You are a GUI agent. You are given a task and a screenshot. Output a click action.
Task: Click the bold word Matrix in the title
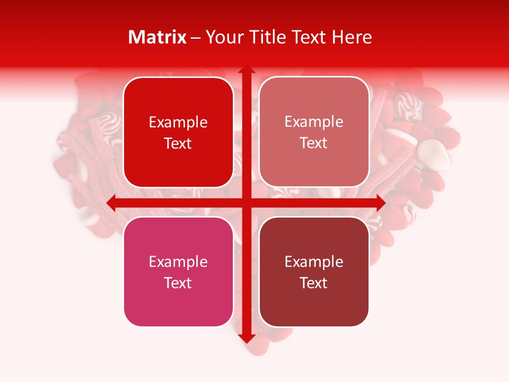(x=157, y=37)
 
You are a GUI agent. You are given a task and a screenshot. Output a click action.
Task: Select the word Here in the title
(x=352, y=37)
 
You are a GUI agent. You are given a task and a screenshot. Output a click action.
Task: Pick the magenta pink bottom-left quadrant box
(x=178, y=302)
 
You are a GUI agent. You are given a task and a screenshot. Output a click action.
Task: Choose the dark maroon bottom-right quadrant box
(x=314, y=302)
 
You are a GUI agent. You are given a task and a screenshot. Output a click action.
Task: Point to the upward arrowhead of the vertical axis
(x=246, y=71)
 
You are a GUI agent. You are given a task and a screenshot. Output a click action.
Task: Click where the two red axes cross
(x=246, y=203)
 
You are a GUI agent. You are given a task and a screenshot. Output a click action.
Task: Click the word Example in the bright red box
(x=178, y=123)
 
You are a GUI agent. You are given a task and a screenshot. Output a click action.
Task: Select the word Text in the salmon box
(x=314, y=143)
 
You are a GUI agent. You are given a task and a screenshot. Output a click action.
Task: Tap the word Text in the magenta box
(x=178, y=283)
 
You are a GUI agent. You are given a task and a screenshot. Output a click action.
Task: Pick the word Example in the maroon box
(x=314, y=262)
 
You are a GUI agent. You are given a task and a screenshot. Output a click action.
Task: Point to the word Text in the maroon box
(x=314, y=283)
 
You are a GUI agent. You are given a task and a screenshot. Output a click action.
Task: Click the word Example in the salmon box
(x=314, y=122)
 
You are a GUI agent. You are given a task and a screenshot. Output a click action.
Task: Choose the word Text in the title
(x=309, y=37)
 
